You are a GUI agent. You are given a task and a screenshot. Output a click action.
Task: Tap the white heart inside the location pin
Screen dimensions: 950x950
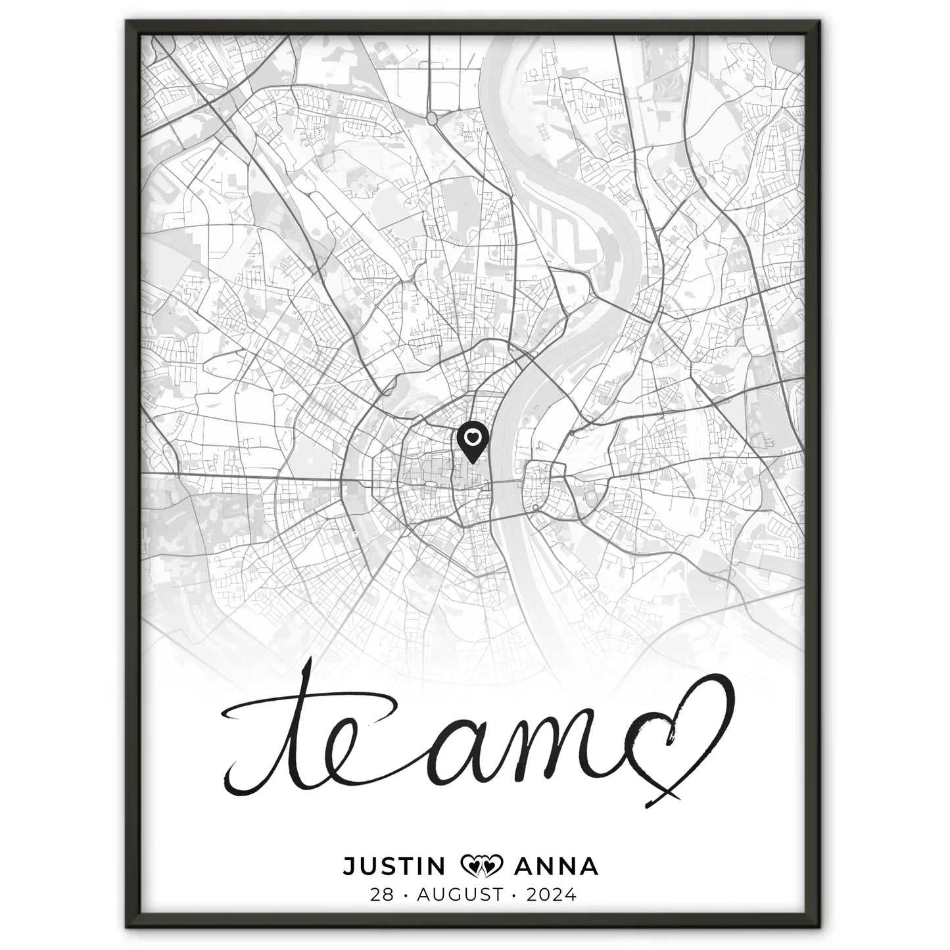click(473, 435)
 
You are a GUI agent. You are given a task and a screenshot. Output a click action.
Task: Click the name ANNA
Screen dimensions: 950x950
click(557, 866)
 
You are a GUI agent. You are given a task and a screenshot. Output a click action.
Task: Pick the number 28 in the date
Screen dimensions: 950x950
click(382, 895)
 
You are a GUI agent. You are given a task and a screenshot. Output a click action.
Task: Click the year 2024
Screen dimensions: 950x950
click(550, 895)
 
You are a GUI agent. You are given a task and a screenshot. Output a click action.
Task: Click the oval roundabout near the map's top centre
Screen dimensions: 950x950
click(433, 118)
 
